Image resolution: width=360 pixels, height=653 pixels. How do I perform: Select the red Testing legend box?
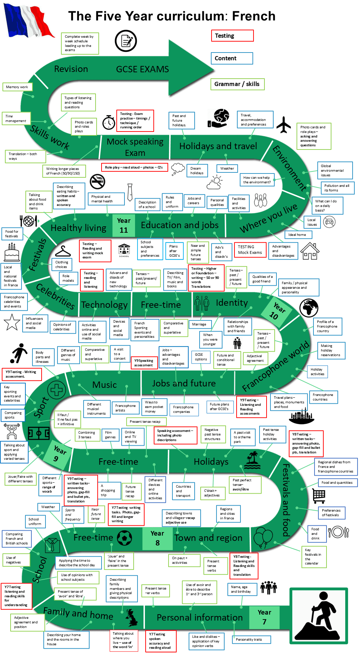click(x=232, y=36)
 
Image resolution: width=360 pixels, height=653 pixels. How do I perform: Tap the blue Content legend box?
click(x=232, y=58)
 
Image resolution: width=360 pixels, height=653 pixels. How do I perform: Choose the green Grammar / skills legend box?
click(x=237, y=84)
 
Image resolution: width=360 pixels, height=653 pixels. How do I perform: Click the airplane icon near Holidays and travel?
click(x=283, y=124)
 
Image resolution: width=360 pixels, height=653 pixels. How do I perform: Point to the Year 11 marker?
click(x=124, y=225)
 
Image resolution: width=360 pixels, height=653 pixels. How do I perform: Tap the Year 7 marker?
click(x=264, y=617)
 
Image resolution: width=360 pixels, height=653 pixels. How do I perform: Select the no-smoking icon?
click(x=97, y=182)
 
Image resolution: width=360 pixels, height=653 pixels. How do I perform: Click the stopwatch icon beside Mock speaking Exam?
click(x=109, y=122)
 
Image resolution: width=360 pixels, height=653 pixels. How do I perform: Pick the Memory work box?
click(x=17, y=87)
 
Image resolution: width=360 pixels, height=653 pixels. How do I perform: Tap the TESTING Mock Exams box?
click(x=250, y=250)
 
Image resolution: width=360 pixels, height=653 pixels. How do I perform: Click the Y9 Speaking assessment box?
click(x=144, y=363)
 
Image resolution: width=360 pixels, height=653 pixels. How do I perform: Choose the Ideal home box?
click(x=297, y=234)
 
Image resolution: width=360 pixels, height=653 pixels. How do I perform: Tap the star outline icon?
click(x=12, y=322)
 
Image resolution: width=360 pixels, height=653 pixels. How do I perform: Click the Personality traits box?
click(x=251, y=639)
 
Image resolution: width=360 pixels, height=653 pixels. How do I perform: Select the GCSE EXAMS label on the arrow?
click(x=142, y=69)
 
